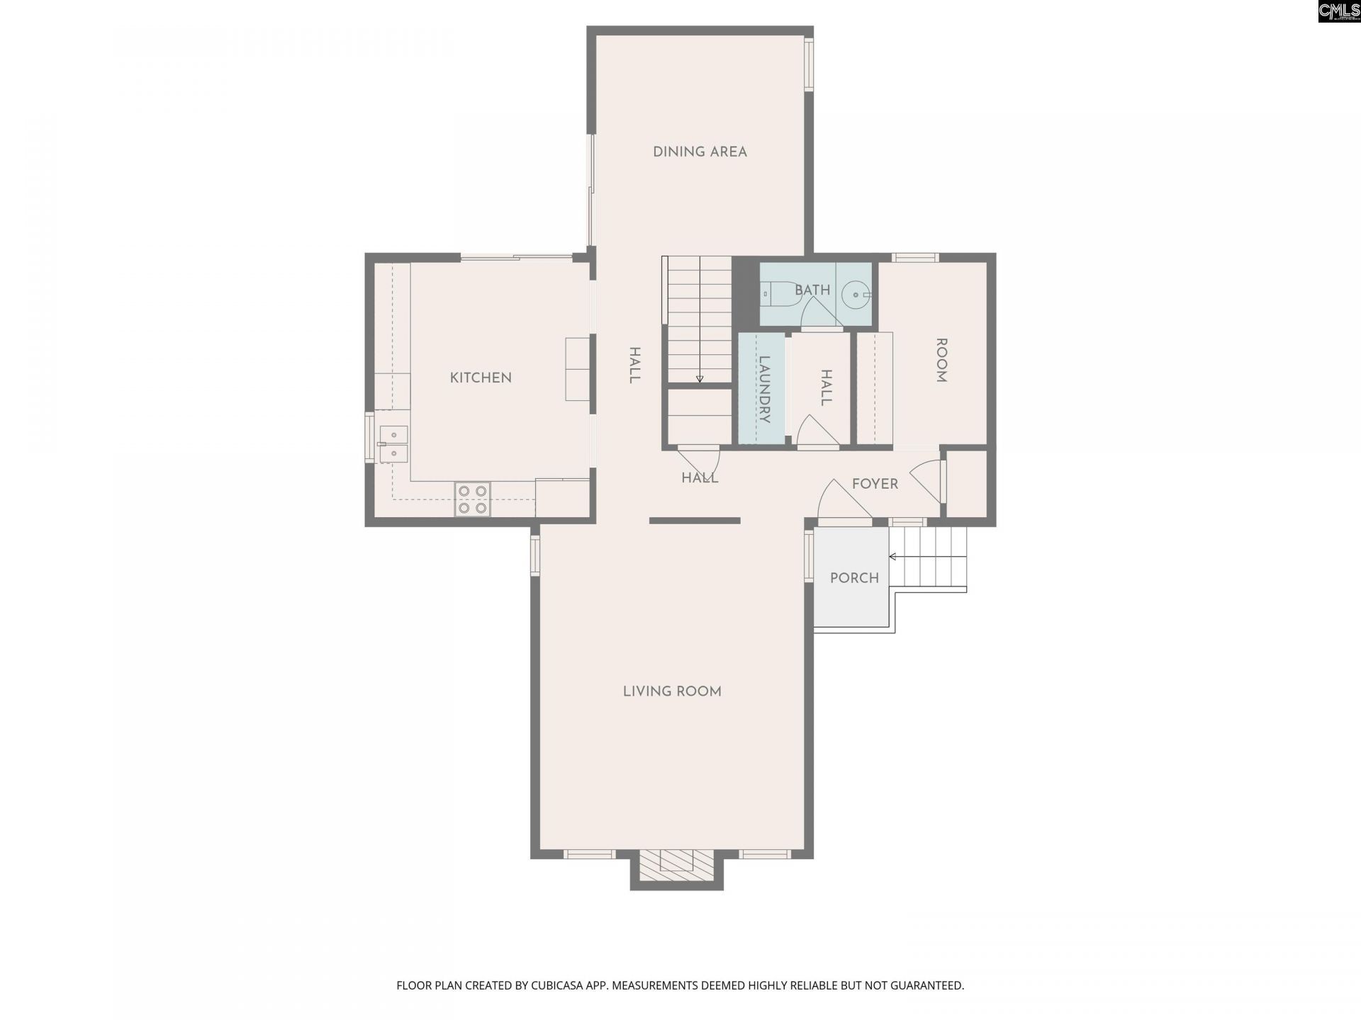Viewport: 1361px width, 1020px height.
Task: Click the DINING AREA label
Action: tap(700, 152)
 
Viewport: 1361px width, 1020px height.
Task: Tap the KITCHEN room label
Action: tap(481, 378)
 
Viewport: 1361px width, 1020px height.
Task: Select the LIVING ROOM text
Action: tap(672, 691)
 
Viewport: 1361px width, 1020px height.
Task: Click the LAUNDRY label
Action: tap(764, 389)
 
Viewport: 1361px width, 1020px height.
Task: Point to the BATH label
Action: tap(812, 290)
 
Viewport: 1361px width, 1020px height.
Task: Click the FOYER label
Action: tap(875, 484)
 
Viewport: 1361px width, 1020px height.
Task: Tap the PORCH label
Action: tap(854, 578)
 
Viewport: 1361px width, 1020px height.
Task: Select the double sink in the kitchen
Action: tap(393, 444)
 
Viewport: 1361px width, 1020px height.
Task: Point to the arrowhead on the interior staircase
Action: tap(700, 379)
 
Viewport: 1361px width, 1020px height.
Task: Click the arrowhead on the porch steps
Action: tap(892, 557)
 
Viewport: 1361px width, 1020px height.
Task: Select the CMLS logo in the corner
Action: tap(1338, 11)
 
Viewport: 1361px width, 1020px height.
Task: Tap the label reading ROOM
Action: tap(941, 360)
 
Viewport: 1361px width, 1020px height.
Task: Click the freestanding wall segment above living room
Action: tap(695, 521)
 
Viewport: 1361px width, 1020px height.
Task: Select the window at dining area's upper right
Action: tap(809, 64)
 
